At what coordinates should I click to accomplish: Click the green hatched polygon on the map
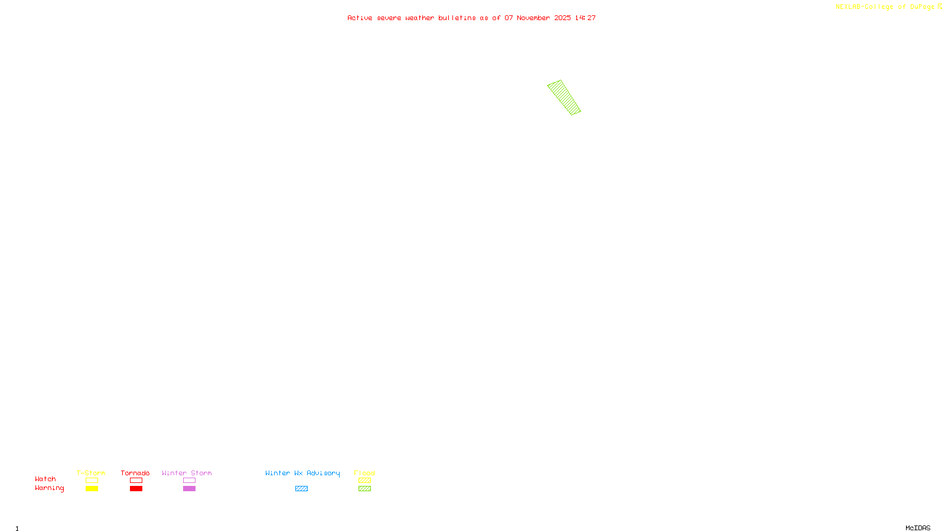click(x=564, y=98)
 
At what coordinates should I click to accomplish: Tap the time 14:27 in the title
click(x=585, y=18)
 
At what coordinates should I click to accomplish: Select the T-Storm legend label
click(x=91, y=473)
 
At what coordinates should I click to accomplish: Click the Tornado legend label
click(x=135, y=473)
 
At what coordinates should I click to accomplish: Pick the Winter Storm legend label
click(x=187, y=473)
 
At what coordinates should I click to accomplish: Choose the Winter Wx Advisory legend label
click(x=302, y=473)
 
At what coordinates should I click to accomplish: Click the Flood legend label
click(x=364, y=473)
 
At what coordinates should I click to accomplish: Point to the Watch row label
click(x=45, y=479)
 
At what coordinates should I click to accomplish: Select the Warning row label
click(x=49, y=488)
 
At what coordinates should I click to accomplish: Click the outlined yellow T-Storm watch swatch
click(x=92, y=481)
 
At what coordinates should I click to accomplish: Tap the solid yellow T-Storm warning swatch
click(x=92, y=489)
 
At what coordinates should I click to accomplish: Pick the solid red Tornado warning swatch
click(x=136, y=489)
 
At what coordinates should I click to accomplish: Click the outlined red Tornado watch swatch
click(x=136, y=481)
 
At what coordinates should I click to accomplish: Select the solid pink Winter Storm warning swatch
click(x=189, y=489)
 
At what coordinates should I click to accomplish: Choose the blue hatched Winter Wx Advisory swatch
click(x=301, y=489)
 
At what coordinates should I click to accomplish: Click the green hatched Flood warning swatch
click(x=364, y=489)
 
